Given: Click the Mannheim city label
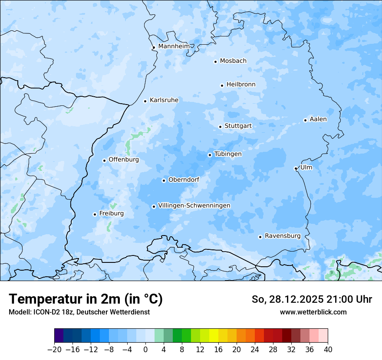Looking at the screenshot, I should (174, 46).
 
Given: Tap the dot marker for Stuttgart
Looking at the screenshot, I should (220, 127).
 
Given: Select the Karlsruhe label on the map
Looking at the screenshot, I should (164, 100).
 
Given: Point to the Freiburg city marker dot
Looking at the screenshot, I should (95, 214).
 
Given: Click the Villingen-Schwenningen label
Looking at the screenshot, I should (194, 206).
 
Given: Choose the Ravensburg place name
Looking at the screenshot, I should (283, 236).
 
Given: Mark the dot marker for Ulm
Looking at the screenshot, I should (296, 168).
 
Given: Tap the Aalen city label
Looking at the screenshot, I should (318, 119).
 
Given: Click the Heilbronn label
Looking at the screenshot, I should (241, 85).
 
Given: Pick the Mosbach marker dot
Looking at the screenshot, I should (215, 62).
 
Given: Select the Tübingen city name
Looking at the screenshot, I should (228, 154).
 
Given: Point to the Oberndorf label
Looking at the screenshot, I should (184, 180).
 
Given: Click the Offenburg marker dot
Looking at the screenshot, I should (104, 160).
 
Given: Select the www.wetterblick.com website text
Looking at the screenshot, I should (313, 312).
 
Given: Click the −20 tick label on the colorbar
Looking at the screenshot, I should (54, 350).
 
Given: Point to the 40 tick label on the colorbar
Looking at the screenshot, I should (328, 350).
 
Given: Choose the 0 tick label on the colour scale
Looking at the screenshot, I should (145, 350).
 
